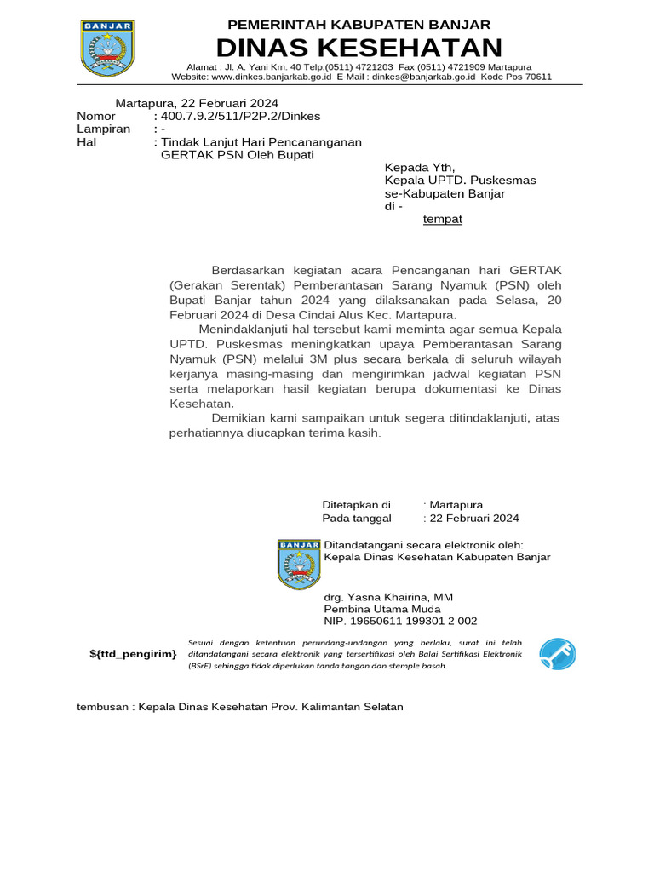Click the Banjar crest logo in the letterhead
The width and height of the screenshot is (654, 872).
click(106, 48)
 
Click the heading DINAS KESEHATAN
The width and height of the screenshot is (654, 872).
click(359, 47)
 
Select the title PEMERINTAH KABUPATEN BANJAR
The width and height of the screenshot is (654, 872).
click(359, 24)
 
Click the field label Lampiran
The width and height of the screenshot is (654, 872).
click(103, 129)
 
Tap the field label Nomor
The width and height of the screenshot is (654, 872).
click(95, 116)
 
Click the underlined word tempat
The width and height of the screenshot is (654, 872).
click(443, 219)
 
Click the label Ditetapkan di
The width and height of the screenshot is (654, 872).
click(355, 504)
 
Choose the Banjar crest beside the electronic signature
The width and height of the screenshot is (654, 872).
click(299, 563)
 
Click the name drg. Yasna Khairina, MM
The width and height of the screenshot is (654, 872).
click(388, 597)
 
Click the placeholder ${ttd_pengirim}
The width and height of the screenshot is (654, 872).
click(134, 653)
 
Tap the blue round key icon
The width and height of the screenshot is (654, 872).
click(558, 654)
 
